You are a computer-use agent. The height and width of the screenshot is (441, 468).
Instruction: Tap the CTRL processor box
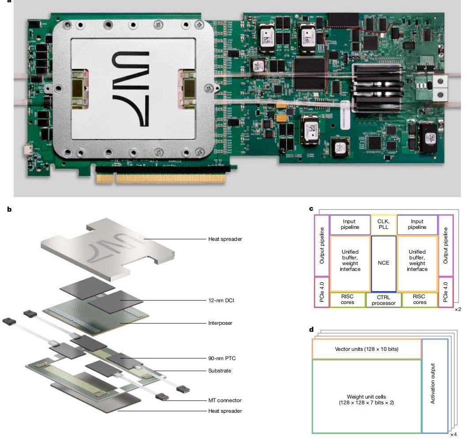[384, 300]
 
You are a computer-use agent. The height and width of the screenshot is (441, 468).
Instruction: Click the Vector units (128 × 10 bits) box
[366, 349]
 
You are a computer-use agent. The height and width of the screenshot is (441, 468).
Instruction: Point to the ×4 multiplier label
[453, 434]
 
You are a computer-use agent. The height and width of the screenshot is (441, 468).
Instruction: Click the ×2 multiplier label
[458, 309]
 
